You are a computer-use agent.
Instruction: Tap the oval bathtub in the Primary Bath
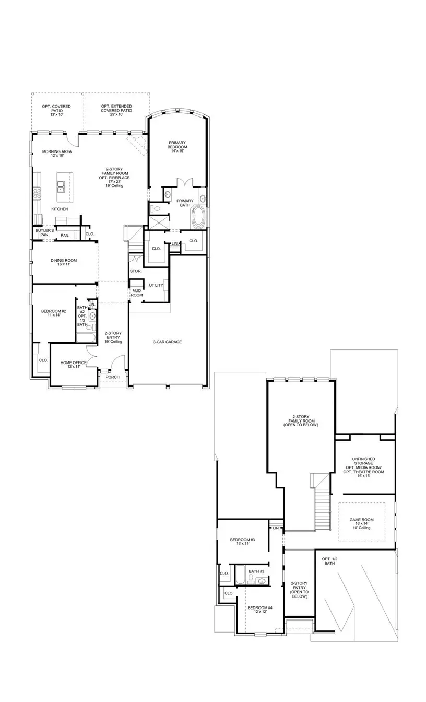point(199,217)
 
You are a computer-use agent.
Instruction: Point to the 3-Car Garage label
point(167,342)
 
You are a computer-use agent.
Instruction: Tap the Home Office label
point(73,365)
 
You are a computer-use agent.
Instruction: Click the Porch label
point(112,377)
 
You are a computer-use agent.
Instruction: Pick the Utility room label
point(156,285)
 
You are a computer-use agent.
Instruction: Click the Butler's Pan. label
point(44,232)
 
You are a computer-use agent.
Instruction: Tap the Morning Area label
point(57,154)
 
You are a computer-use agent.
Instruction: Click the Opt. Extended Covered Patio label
point(116,109)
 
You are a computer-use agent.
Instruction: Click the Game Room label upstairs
point(361,523)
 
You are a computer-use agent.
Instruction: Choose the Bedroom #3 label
point(242,542)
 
